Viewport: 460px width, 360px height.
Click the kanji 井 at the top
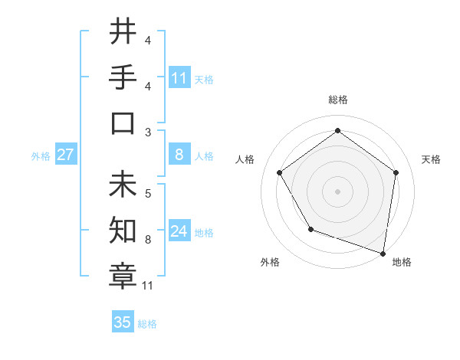(123, 32)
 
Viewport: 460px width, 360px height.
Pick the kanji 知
(123, 231)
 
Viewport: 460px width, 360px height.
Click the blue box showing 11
(179, 78)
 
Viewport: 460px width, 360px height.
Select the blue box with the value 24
(179, 231)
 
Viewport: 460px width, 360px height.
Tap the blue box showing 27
(66, 155)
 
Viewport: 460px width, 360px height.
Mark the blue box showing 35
(123, 322)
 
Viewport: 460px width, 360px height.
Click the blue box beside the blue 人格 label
(179, 155)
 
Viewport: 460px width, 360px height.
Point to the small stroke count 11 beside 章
(148, 286)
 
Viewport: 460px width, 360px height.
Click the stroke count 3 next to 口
(148, 132)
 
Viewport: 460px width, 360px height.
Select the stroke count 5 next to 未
(148, 194)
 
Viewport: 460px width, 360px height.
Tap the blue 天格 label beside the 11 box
(204, 79)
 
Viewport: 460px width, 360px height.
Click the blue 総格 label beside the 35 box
(147, 324)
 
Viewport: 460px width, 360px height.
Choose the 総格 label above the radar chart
(337, 100)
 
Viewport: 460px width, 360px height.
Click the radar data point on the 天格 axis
(396, 172)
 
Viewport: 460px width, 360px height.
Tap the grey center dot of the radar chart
(337, 191)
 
